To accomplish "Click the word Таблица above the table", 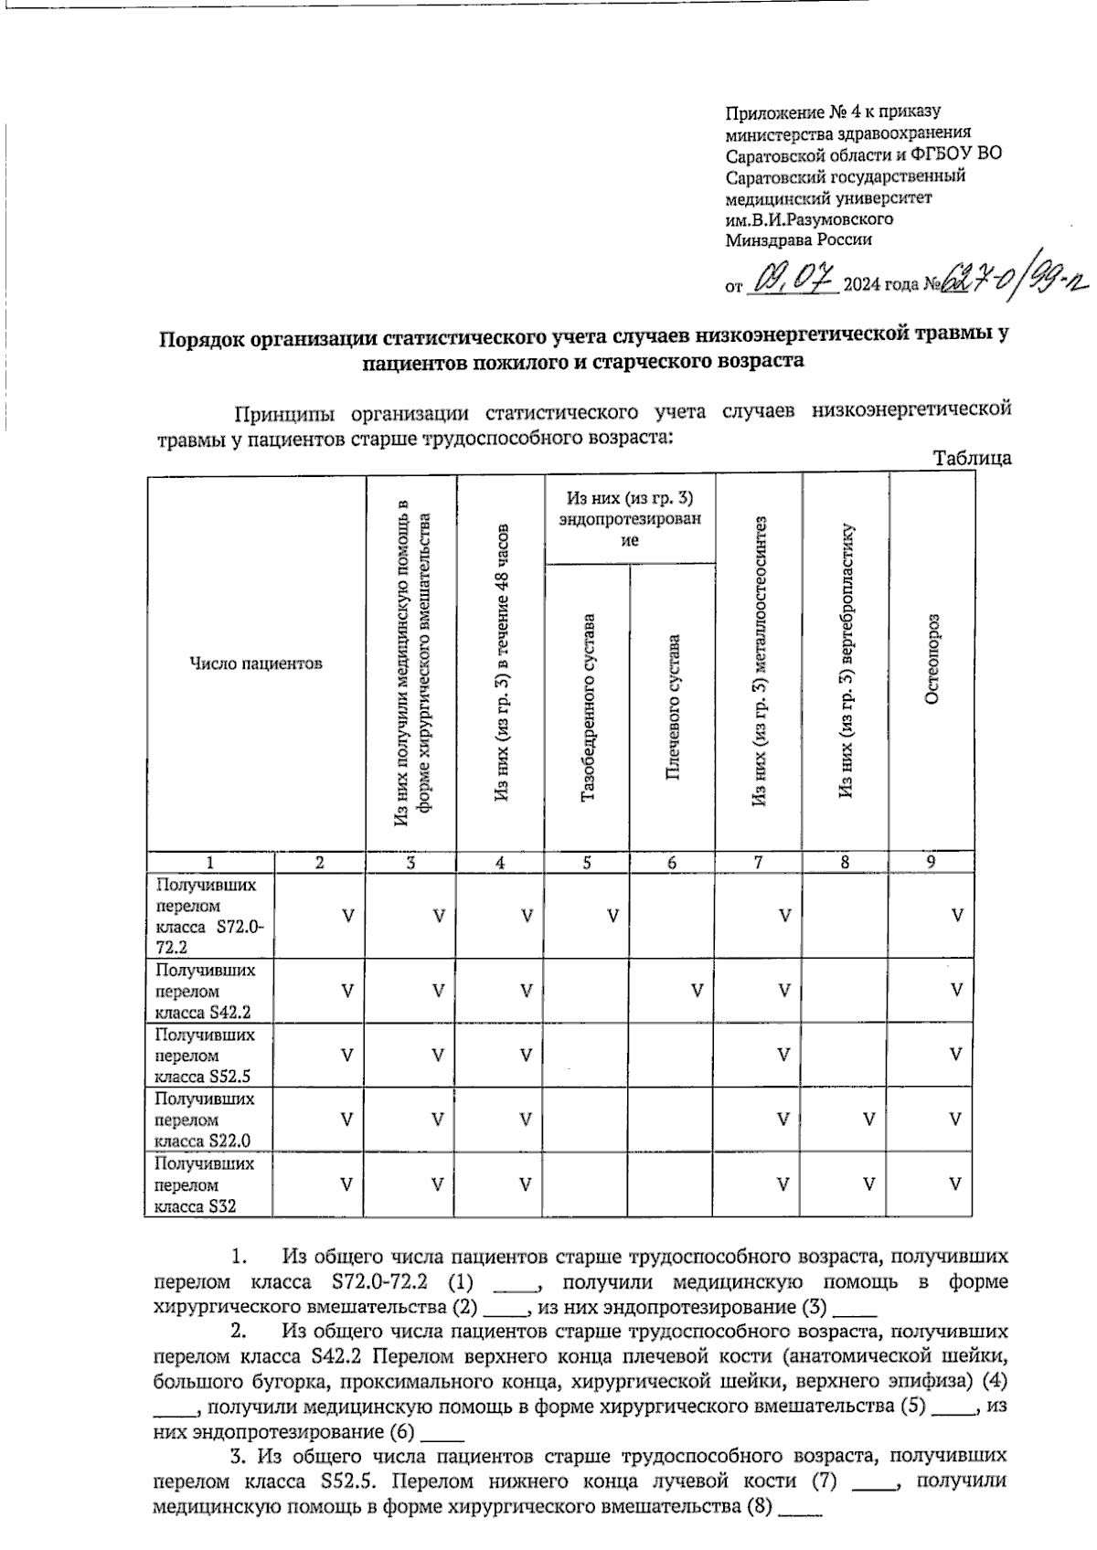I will pos(972,458).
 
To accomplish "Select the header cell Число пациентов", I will pos(255,664).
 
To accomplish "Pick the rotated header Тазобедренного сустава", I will pos(588,708).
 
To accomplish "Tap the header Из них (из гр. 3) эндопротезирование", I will pos(629,518).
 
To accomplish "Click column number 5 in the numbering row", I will pos(587,862).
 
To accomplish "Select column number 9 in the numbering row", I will pos(930,861).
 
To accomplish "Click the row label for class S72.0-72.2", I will pos(209,916).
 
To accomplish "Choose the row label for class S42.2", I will pos(205,991).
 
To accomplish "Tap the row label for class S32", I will pos(205,1184).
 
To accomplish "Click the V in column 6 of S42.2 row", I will pos(697,990).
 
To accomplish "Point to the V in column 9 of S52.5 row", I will pos(955,1055).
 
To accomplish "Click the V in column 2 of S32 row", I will pos(346,1184).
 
